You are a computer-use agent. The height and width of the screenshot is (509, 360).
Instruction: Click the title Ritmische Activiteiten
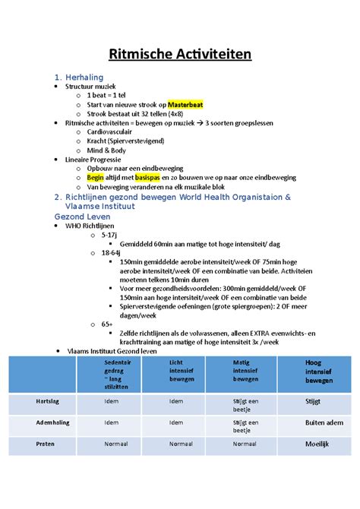tap(180, 54)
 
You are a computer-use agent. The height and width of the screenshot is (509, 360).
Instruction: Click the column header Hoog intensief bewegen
tap(318, 371)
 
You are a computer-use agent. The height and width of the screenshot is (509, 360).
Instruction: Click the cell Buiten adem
tap(324, 422)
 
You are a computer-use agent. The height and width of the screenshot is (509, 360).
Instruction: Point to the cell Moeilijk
tap(317, 443)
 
